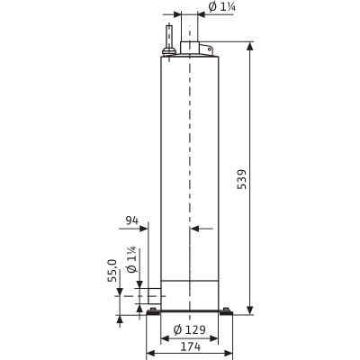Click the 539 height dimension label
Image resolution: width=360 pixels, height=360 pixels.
point(241,179)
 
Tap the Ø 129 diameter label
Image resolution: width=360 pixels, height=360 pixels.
point(190,330)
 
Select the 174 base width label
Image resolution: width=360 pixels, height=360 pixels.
point(190,346)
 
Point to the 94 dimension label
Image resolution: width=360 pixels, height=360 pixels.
point(132,220)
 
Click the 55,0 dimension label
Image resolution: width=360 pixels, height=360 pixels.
point(112,271)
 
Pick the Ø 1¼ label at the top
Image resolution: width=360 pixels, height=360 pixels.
point(221,7)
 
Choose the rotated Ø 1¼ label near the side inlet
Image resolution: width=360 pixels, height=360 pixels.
point(131,259)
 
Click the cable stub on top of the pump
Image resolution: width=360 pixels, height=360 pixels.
point(169,36)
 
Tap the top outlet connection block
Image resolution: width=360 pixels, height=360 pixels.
point(189,48)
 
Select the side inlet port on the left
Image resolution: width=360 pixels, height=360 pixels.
point(155,296)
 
